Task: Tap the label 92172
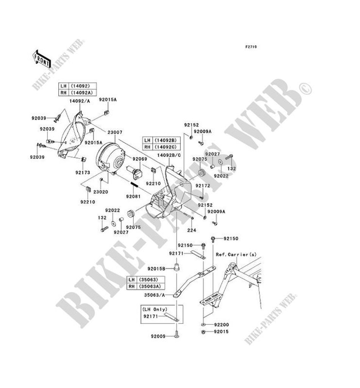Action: click(x=203, y=186)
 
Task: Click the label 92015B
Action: click(x=162, y=269)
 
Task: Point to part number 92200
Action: click(x=222, y=325)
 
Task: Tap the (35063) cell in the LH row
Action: click(x=146, y=279)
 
